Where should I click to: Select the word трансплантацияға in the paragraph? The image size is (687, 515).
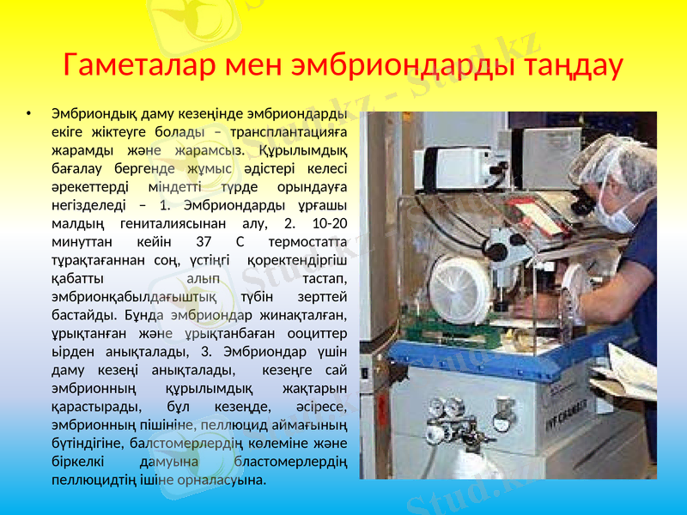(291, 131)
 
